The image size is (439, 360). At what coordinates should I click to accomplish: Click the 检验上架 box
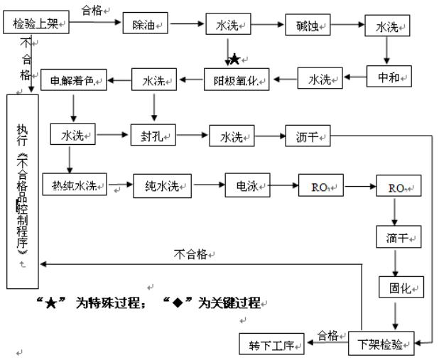coord(38,25)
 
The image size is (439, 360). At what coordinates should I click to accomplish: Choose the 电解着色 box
coord(72,80)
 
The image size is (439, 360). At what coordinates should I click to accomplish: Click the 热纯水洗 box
coord(73,187)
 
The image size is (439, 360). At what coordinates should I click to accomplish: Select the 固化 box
coord(399,288)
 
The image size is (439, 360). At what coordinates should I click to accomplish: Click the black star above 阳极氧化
coord(234,59)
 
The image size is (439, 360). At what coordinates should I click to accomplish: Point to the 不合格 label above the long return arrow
coord(193,253)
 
